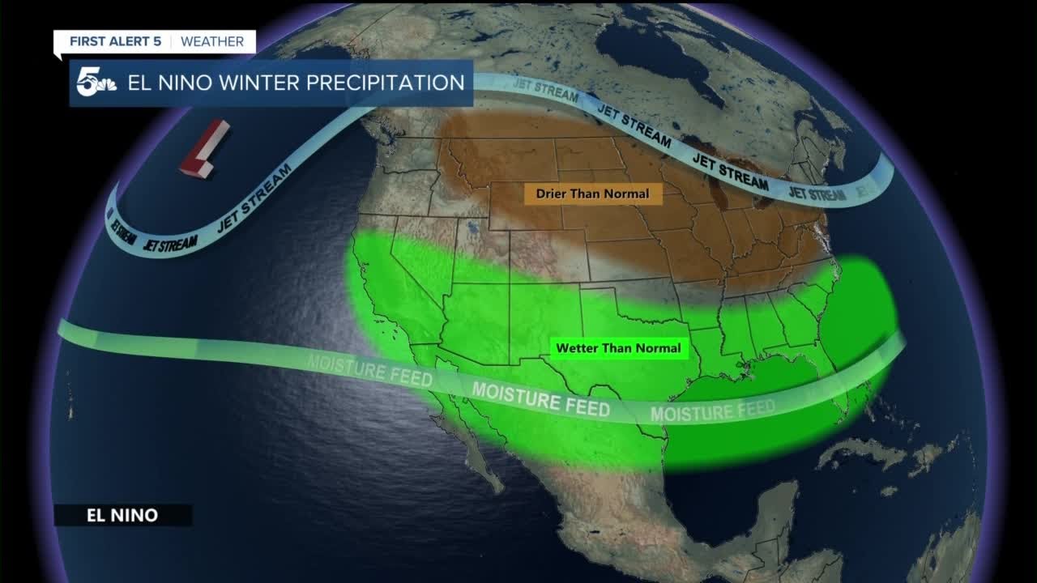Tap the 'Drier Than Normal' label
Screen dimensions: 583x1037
[x=593, y=194]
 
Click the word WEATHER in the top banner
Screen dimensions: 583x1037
[x=212, y=41]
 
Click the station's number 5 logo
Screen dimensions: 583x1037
[x=94, y=83]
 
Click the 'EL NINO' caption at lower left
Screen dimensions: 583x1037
[x=122, y=515]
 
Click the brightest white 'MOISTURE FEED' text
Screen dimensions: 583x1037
[x=540, y=398]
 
